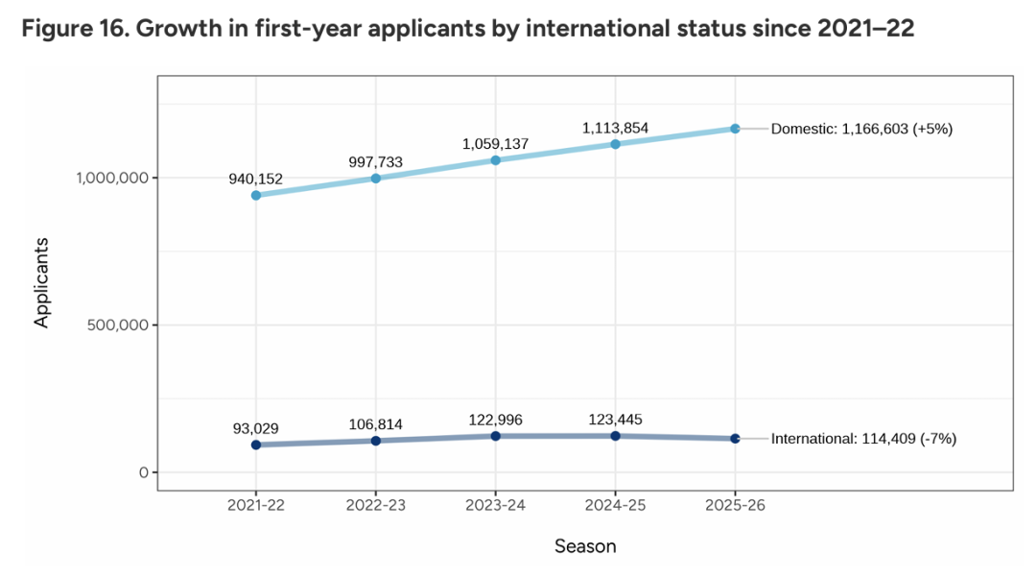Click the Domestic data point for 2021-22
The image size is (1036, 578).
[x=256, y=195]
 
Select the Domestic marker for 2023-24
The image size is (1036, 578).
[x=496, y=160]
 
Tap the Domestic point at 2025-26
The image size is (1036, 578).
[x=735, y=129]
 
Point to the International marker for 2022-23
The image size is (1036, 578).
[x=376, y=441]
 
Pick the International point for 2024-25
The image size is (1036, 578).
[x=615, y=436]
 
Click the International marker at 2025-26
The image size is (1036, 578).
[x=735, y=439]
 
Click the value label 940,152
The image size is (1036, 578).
[x=255, y=178]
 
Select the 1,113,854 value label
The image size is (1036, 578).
[x=614, y=127]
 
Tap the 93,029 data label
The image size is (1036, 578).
[x=255, y=427]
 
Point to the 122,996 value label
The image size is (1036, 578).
[x=495, y=420]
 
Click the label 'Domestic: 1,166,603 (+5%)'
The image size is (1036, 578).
[x=861, y=129]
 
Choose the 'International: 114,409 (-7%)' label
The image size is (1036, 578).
[x=863, y=439]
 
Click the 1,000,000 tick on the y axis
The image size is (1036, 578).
[x=110, y=178]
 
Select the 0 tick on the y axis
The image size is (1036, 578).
[x=143, y=472]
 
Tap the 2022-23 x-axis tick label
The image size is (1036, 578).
[x=376, y=506]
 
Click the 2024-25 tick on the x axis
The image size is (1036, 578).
[x=615, y=506]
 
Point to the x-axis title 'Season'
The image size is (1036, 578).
[x=585, y=546]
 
